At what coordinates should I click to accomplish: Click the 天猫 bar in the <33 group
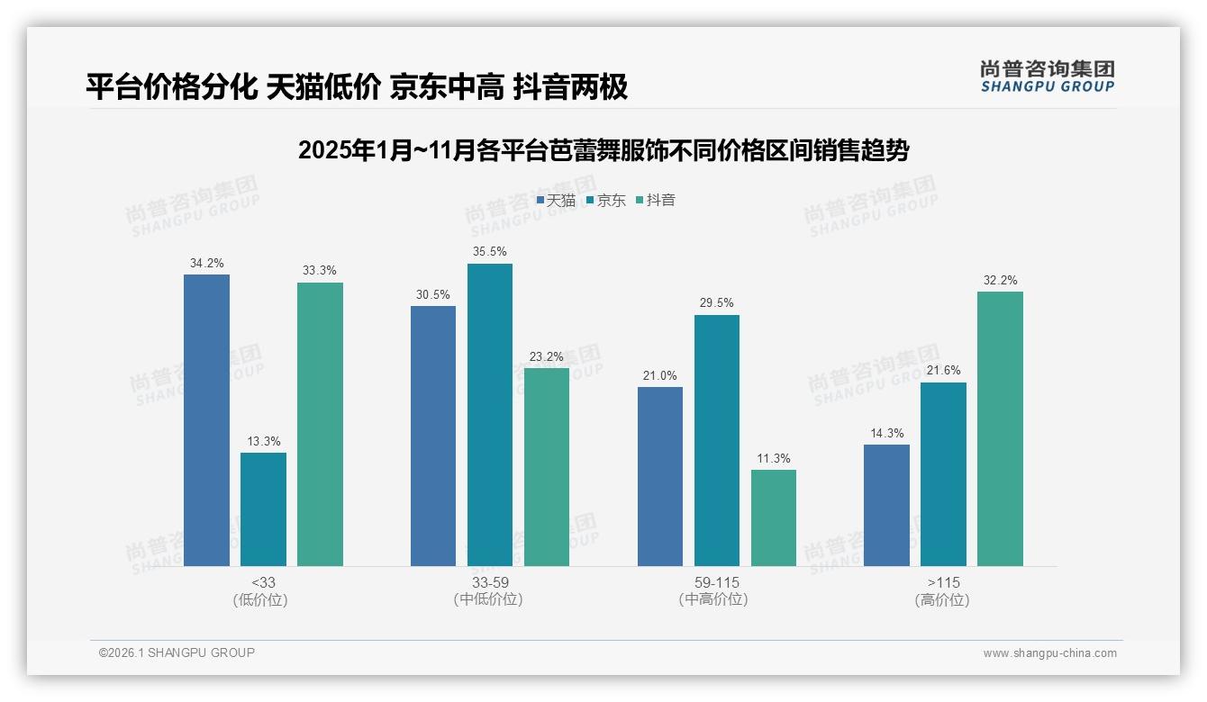pos(206,420)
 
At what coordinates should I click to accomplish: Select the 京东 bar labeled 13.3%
pos(263,509)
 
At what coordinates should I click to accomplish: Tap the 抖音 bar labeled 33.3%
pos(320,424)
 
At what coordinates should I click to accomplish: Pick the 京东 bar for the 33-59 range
pos(489,415)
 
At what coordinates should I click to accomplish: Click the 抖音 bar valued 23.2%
pos(546,467)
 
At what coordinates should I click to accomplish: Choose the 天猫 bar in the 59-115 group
pos(659,476)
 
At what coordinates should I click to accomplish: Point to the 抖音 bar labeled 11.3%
pos(773,517)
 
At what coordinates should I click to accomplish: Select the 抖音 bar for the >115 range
pos(1000,428)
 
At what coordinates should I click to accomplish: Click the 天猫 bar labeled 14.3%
pos(886,505)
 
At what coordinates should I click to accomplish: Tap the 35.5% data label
pos(489,251)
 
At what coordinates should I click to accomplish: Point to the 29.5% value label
pos(716,303)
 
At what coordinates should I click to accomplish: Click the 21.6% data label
pos(943,370)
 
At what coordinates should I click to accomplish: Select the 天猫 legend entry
pos(556,200)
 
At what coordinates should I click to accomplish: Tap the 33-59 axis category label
pos(489,583)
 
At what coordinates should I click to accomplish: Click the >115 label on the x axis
pos(942,583)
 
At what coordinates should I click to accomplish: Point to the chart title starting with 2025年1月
pos(603,150)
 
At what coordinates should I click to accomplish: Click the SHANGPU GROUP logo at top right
pos(1047,76)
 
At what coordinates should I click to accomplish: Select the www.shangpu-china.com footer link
pos(1049,653)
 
